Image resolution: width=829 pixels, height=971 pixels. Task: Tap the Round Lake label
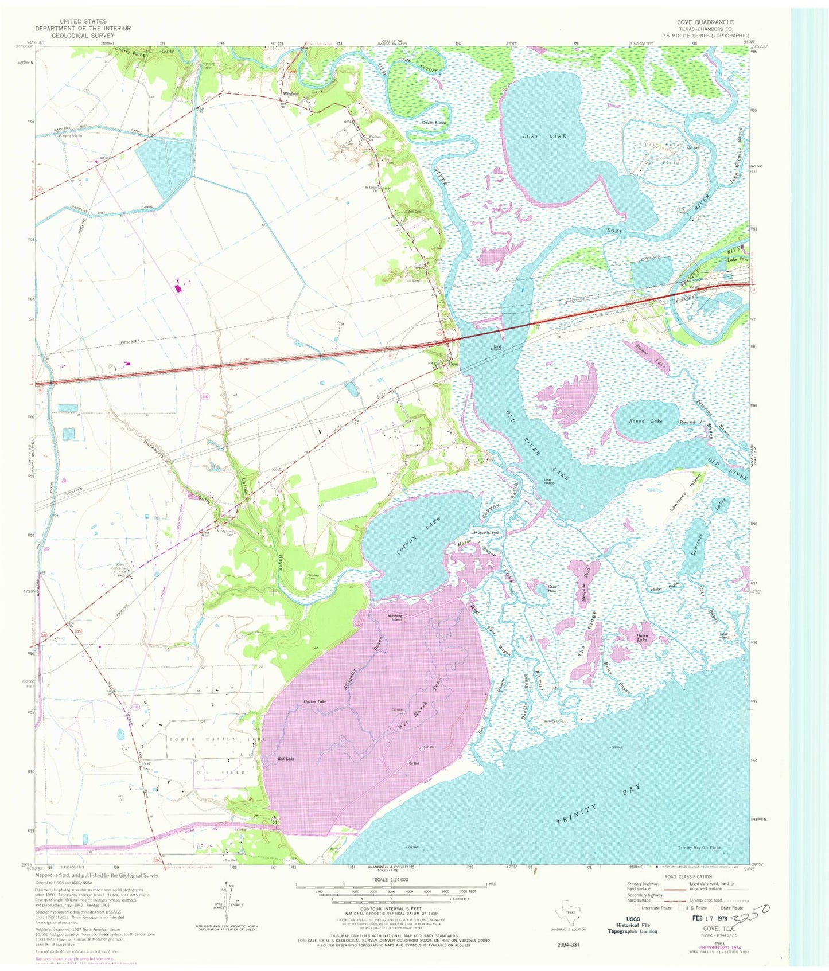(x=645, y=421)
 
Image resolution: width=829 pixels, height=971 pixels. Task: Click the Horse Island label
(x=486, y=533)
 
